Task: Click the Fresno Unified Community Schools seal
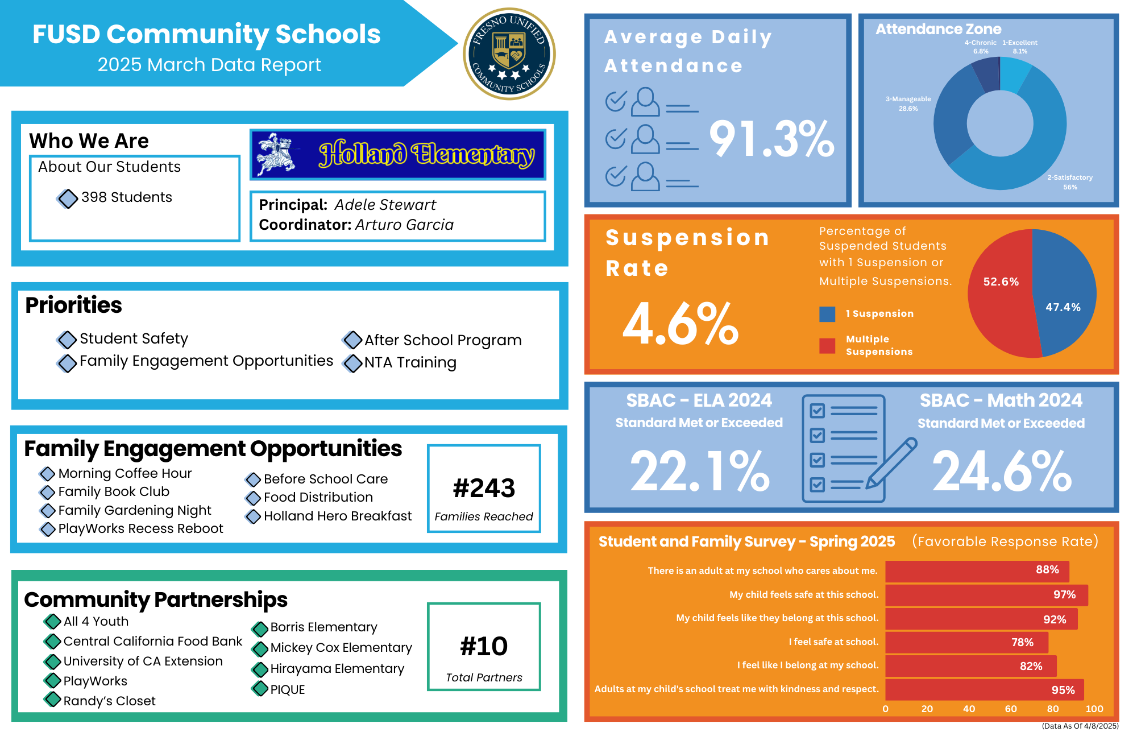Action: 509,54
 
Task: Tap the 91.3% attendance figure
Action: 771,139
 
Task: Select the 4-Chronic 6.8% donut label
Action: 980,47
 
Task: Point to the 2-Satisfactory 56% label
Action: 1070,182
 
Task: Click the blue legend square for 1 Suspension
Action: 827,314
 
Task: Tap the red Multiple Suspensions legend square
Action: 827,345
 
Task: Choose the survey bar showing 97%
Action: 986,595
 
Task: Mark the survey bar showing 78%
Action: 966,642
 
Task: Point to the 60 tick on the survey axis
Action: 1011,709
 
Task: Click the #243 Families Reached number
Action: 484,488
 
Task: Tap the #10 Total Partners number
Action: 484,646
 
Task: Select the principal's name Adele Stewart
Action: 385,205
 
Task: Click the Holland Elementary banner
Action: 398,155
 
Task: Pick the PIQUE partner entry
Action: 287,689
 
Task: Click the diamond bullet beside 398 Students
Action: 68,199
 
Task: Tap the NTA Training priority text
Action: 410,362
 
